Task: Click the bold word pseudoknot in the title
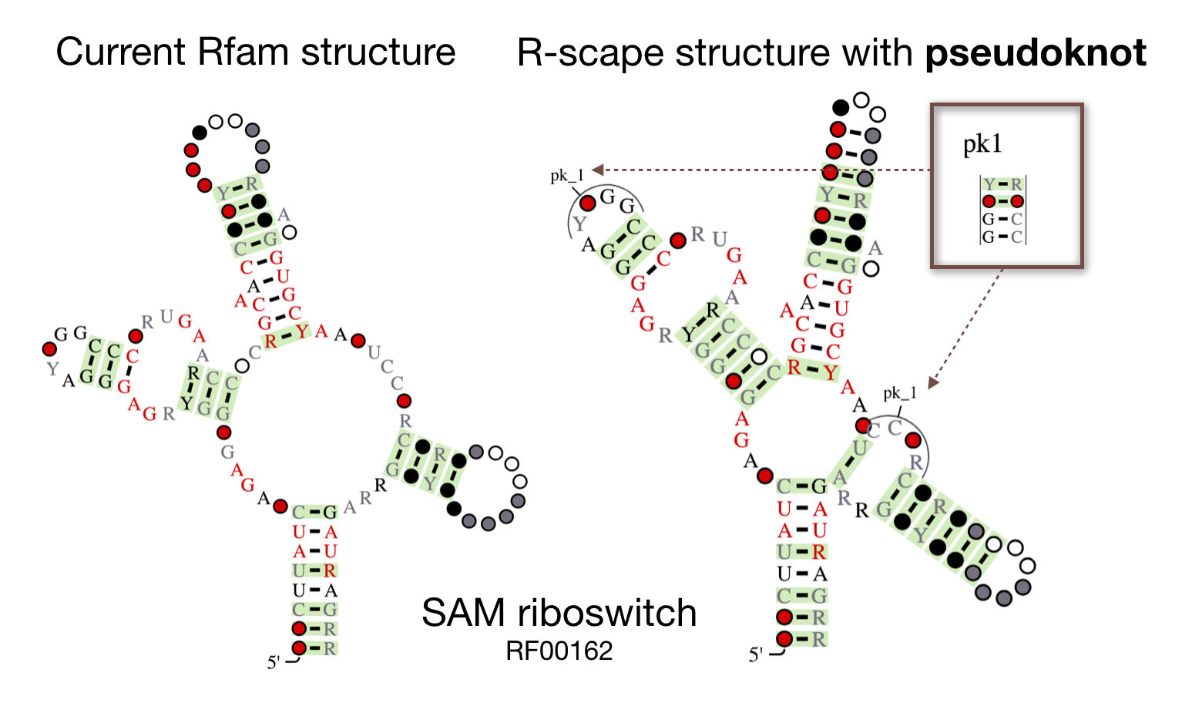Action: pos(1036,53)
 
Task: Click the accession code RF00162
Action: pos(559,651)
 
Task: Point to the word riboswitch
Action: pos(607,614)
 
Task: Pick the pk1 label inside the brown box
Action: pos(982,144)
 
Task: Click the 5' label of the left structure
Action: pos(274,662)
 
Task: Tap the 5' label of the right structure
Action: pos(756,655)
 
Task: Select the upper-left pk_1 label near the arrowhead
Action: pos(567,176)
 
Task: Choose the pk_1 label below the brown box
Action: pos(900,394)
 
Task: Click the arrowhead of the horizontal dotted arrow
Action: pos(597,170)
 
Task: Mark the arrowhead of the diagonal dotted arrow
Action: pos(933,382)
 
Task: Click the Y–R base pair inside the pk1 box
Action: pos(1002,185)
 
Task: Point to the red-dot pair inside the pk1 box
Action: pos(1002,202)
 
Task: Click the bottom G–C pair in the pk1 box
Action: pos(1002,237)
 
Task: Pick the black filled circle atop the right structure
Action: pos(841,107)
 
